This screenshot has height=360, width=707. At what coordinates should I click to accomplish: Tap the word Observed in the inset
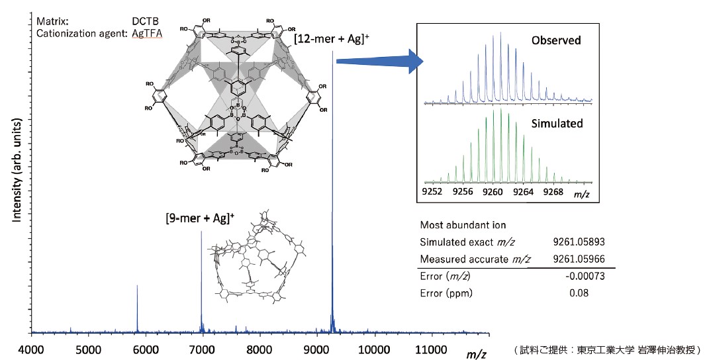point(555,40)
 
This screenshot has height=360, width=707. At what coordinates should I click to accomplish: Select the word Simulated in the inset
point(557,124)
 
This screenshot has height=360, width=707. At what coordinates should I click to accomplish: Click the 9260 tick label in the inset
point(493,192)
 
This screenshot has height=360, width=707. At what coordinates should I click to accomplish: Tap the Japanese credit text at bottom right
point(606,349)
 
